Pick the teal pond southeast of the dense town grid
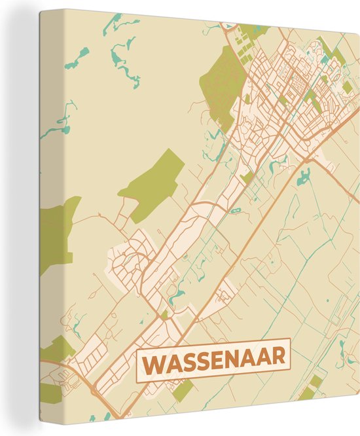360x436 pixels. [x=304, y=175]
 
